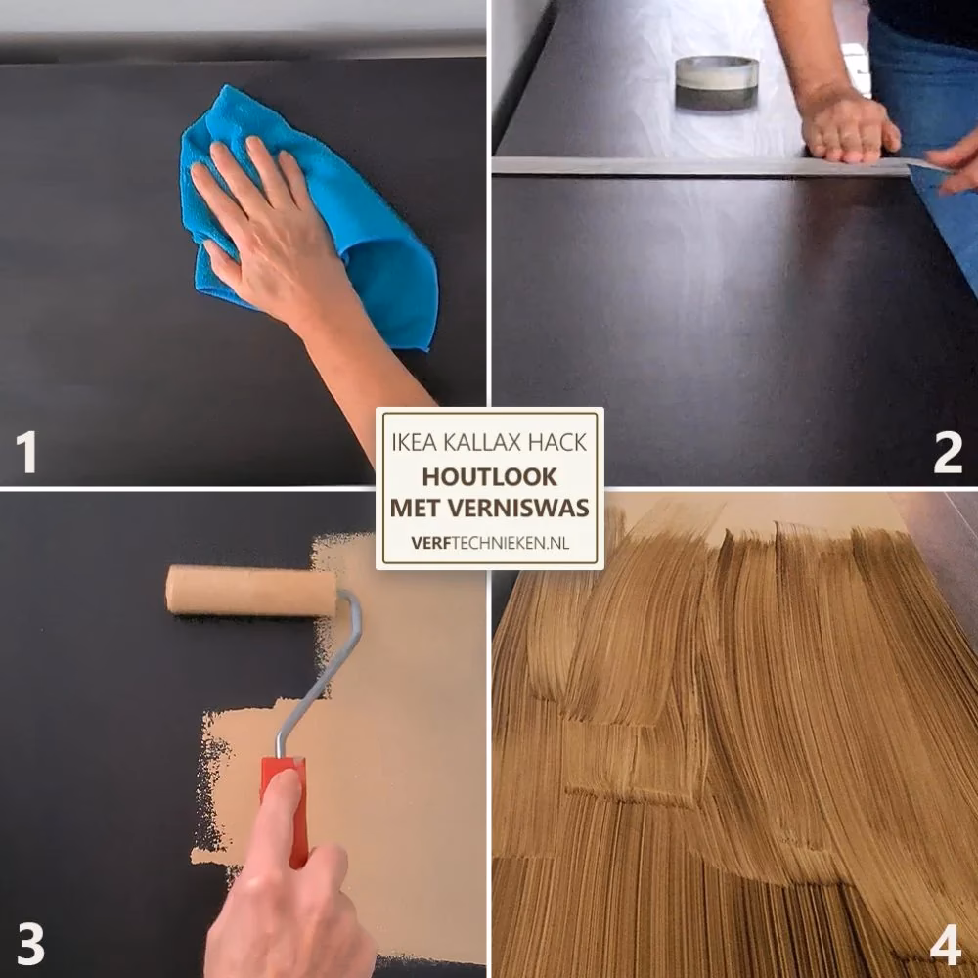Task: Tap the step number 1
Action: click(26, 452)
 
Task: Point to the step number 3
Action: click(30, 943)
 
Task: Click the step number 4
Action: click(946, 943)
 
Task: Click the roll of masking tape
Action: click(717, 83)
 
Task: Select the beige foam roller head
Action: click(250, 590)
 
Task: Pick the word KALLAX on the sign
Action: click(481, 442)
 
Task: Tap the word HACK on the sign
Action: click(557, 442)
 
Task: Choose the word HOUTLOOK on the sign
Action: click(490, 476)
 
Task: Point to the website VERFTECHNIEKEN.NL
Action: click(490, 543)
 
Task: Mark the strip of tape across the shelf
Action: click(717, 166)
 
